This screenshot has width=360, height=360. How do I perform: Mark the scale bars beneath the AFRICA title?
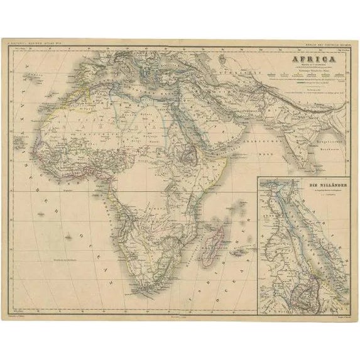302,79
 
